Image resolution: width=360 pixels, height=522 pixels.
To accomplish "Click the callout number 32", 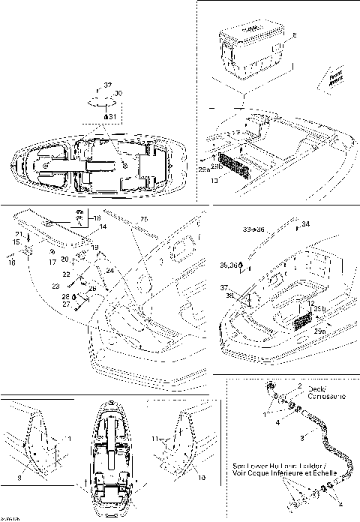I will point(107,85).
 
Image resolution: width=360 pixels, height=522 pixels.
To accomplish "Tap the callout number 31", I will point(111,117).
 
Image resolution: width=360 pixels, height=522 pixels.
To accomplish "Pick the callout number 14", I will point(103,226).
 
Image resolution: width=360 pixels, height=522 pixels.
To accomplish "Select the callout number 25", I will point(144,218).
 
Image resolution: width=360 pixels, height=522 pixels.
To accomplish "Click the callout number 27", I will point(86,304).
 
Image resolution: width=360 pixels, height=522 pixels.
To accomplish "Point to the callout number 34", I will point(304,223).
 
